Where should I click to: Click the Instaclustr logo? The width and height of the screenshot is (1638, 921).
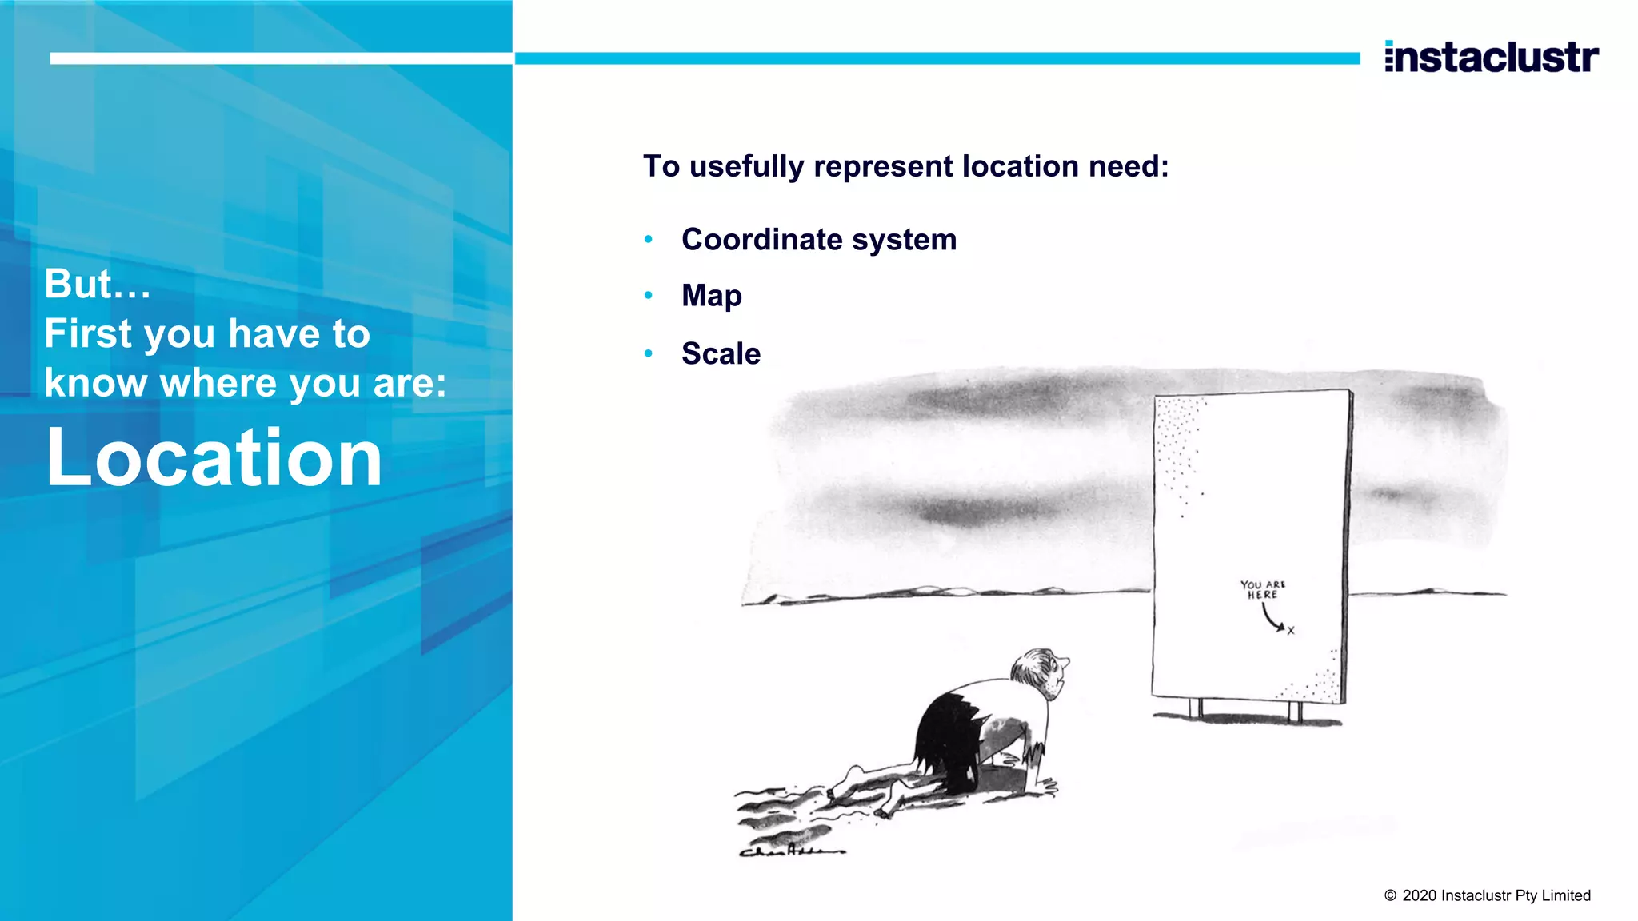pos(1492,57)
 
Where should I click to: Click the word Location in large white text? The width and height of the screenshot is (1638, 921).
pos(214,457)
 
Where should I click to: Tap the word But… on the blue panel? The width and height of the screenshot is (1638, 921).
pos(98,284)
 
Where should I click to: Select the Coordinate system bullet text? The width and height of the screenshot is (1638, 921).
pos(819,240)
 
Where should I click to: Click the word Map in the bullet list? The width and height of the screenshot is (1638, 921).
pos(712,296)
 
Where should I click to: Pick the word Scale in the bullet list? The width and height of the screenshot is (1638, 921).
pos(721,353)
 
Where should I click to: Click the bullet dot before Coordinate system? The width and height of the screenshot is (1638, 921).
pos(649,239)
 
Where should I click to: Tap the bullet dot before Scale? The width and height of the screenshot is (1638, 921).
pos(649,353)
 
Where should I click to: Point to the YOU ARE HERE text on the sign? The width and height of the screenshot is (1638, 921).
pos(1263,590)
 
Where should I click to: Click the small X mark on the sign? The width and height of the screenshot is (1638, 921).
pos(1291,631)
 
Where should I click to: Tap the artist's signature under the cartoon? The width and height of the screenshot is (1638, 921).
pos(791,851)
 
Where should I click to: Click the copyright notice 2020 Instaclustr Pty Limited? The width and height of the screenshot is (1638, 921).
pos(1488,895)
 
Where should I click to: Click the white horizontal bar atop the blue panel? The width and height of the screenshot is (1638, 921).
pos(280,58)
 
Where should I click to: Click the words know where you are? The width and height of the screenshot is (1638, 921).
pos(245,383)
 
